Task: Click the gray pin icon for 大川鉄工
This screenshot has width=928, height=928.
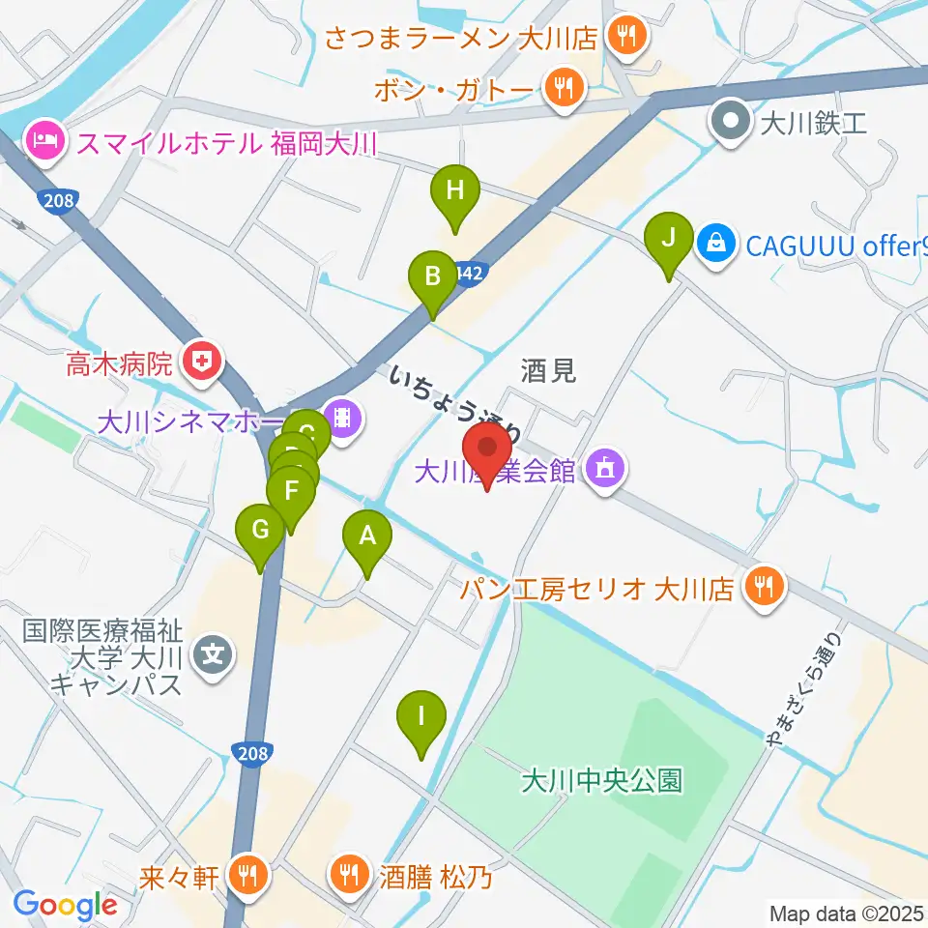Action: click(x=729, y=123)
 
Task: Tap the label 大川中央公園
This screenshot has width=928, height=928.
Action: click(x=601, y=779)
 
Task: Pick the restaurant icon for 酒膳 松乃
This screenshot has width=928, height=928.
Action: click(x=347, y=877)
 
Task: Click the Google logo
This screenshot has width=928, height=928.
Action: click(x=65, y=906)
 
